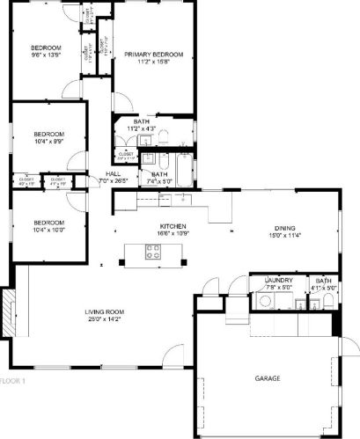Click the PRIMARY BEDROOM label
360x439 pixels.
click(149, 55)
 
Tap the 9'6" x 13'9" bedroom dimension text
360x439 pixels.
click(46, 54)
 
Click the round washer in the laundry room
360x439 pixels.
click(264, 301)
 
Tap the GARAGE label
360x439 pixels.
click(268, 377)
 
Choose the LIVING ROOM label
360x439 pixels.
click(105, 311)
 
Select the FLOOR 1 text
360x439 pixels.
click(13, 381)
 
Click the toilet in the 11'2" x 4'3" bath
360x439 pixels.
click(165, 138)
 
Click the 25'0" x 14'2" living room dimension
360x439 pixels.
click(105, 319)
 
